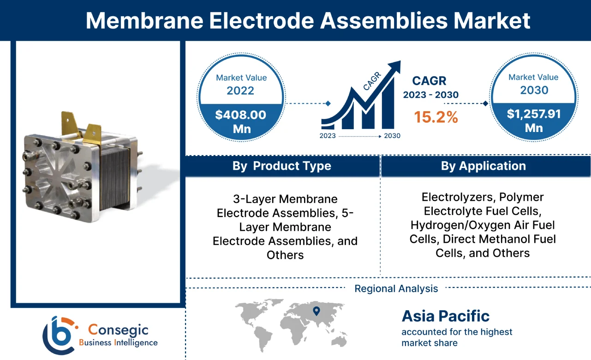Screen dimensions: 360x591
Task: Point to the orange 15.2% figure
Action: tap(436, 117)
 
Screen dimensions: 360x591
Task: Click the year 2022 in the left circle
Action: tap(240, 90)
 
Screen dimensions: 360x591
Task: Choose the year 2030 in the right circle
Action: tap(534, 90)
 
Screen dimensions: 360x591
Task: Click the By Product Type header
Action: tap(281, 166)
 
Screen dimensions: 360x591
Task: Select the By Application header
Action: tap(483, 166)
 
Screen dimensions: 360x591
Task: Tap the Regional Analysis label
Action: tap(396, 289)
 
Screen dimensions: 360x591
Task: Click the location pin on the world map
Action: tap(316, 311)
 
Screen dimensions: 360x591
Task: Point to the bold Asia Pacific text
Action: tap(445, 316)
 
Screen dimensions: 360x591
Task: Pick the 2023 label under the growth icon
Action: tap(328, 136)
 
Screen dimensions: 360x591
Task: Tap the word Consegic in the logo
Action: tap(118, 330)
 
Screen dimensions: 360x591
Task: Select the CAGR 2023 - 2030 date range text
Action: tap(430, 95)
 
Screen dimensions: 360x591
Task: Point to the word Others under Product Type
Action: tap(285, 255)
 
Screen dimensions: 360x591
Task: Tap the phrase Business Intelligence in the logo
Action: tap(118, 342)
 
